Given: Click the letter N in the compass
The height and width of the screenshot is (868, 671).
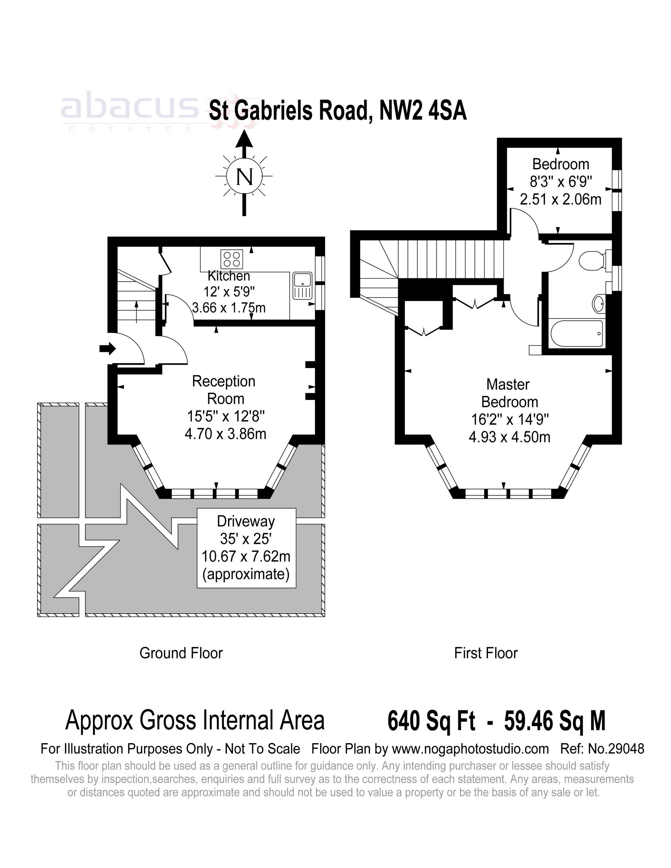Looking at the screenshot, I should coord(244,177).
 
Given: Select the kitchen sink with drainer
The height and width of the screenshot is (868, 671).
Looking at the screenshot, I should coord(303,285).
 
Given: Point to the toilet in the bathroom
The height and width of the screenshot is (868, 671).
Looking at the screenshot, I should coord(592,261).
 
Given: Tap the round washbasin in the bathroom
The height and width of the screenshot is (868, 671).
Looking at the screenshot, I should coord(598,304).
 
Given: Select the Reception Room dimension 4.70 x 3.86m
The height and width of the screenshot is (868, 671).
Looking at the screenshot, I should coord(225,434).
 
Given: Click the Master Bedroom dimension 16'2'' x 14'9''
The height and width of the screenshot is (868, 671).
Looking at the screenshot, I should coord(510,419).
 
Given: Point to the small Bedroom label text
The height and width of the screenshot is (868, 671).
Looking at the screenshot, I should coord(560,164).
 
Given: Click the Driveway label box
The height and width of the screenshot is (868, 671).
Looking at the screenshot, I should coord(247,548).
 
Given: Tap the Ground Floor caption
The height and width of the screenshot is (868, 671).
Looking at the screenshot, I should coord(181,653).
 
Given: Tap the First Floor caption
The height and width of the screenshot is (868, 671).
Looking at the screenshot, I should coord(486,653).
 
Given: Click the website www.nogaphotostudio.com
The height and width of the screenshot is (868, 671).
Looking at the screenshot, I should coord(470,749).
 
